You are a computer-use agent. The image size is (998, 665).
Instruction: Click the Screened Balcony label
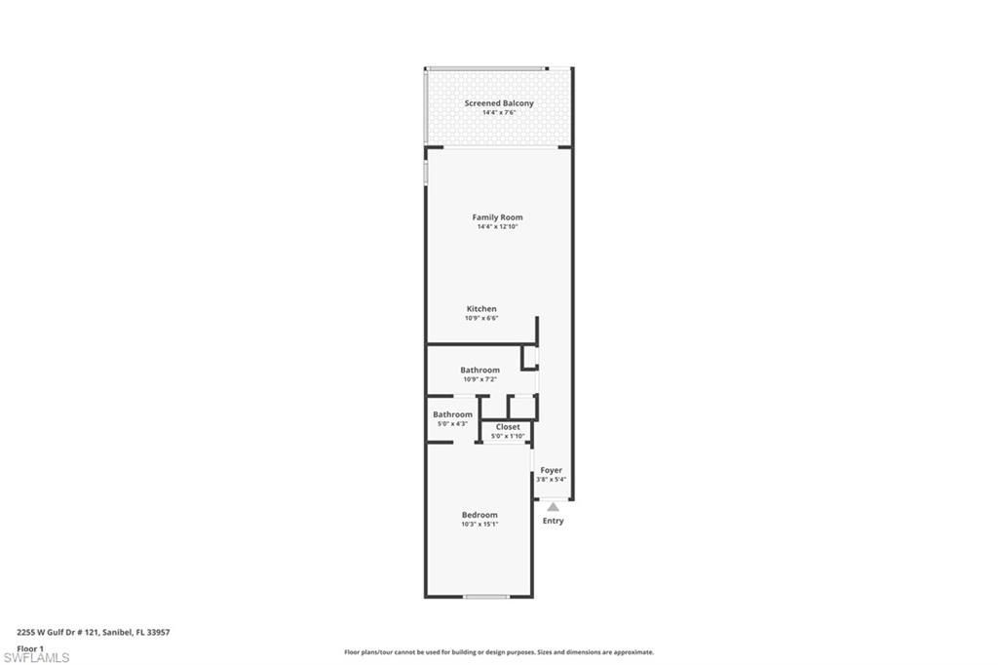[498, 103]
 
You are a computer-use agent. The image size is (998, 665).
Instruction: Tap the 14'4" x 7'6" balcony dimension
[498, 113]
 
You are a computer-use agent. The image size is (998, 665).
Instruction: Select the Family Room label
[497, 217]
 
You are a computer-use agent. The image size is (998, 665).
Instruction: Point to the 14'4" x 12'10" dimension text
[497, 227]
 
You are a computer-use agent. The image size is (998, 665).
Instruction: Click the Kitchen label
[480, 309]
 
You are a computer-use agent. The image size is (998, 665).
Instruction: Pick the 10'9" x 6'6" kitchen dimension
[480, 319]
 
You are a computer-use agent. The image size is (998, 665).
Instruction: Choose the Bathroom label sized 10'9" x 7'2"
[480, 371]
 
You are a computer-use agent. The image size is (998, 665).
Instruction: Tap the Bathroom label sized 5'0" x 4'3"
[452, 414]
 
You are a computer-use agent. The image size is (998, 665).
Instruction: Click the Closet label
[508, 427]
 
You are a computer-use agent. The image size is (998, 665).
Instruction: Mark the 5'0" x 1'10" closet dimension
[508, 437]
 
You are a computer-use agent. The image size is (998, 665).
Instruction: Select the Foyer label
[552, 470]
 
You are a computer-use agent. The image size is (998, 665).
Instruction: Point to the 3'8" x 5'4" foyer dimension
[552, 480]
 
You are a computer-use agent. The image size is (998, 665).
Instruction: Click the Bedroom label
[480, 515]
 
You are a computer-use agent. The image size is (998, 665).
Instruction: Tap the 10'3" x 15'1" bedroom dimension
[480, 525]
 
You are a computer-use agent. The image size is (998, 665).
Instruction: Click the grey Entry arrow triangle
[553, 506]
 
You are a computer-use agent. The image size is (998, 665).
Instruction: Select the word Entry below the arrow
[553, 521]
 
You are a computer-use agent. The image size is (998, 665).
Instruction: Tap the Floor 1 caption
[30, 647]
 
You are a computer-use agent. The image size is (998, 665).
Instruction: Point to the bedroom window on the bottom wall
[484, 596]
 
